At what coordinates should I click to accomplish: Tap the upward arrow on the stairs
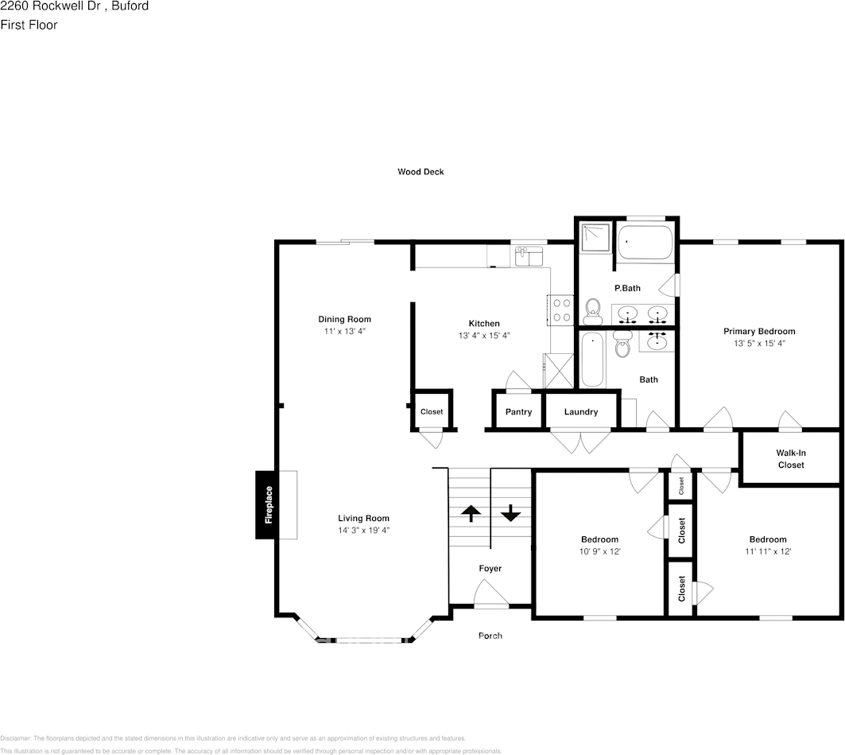coord(470,513)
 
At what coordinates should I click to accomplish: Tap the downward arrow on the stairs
coord(510,513)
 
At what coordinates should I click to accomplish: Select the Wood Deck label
coord(421,172)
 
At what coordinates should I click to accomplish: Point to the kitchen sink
coord(529,256)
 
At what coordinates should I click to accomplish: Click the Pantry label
coord(518,412)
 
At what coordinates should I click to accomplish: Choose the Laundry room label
coord(580,412)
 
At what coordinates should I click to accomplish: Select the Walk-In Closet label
coord(790,459)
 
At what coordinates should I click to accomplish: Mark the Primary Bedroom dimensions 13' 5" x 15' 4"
coord(758,344)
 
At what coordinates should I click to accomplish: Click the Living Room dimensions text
coord(363,530)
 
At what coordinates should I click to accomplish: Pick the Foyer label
coord(490,569)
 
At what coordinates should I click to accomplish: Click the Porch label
coord(490,636)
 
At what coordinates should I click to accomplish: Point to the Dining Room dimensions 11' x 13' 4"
coord(344,331)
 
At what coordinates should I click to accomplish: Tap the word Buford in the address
coord(130,6)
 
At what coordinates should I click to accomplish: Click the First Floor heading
coord(29,25)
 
